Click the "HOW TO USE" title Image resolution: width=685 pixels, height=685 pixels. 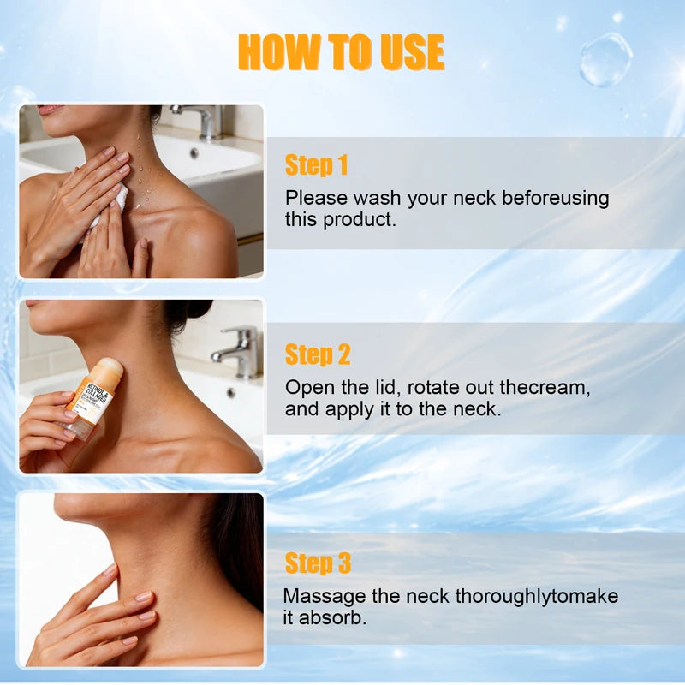point(341,52)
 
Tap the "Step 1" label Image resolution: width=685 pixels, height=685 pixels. point(316,164)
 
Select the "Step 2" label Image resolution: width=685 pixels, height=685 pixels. point(318,354)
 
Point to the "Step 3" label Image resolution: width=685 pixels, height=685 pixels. point(318,563)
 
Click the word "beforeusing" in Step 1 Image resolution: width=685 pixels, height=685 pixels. point(555,199)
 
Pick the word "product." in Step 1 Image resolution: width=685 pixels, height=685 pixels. point(360,220)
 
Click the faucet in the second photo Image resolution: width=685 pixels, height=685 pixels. point(239,352)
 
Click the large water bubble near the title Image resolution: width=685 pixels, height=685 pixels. point(606,59)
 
